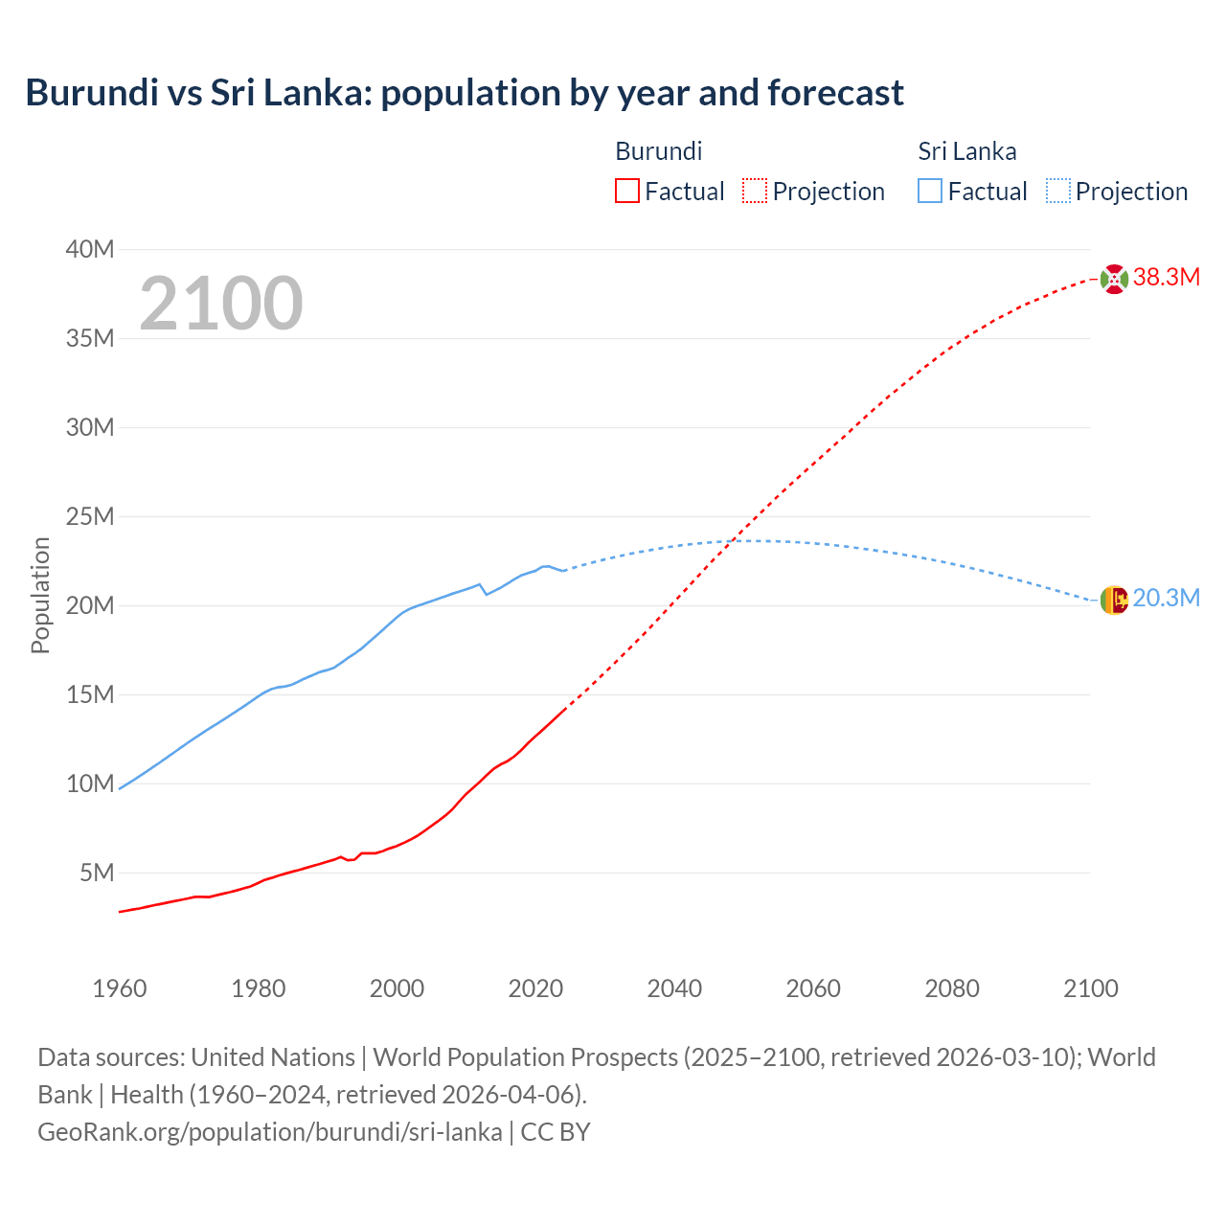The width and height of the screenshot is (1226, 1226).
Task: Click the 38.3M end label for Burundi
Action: click(x=1166, y=278)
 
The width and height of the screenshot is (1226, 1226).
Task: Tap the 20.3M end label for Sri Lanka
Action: click(x=1166, y=599)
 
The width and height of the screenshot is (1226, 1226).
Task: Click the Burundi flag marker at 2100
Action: click(x=1114, y=279)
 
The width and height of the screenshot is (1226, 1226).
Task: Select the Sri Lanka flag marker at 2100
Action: click(x=1114, y=600)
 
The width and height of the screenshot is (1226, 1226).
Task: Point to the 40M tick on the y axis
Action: click(x=90, y=250)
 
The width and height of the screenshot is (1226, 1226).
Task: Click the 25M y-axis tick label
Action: click(x=90, y=517)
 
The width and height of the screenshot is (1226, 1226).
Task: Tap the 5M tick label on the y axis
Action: click(x=97, y=874)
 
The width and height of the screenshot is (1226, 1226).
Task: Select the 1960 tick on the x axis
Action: click(x=120, y=988)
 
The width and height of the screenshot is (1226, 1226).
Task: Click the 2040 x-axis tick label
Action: click(x=674, y=988)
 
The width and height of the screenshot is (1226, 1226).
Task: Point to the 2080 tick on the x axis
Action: click(x=952, y=988)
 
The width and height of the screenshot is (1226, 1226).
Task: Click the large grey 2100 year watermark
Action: click(x=221, y=304)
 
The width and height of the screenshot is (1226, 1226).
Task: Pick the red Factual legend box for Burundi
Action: click(x=627, y=191)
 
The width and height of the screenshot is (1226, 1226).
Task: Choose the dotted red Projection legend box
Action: click(x=755, y=191)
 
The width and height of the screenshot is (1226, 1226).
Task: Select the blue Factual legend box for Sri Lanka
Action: click(x=930, y=191)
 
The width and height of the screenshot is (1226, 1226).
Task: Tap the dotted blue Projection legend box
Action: click(x=1058, y=191)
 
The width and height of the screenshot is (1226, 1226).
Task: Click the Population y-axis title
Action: click(x=40, y=595)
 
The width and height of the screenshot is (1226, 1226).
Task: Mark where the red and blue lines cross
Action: click(x=732, y=542)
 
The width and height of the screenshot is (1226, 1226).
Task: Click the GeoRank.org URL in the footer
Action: click(x=269, y=1132)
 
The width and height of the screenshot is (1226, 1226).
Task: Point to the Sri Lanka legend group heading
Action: click(x=966, y=151)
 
